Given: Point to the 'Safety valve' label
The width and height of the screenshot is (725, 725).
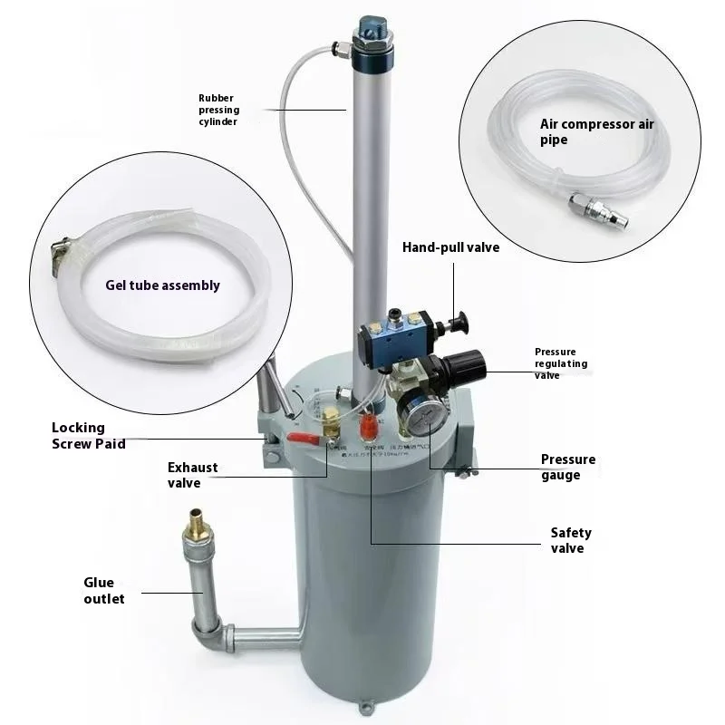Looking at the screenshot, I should (x=571, y=540).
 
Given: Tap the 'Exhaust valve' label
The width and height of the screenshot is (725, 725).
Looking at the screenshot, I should (x=192, y=475).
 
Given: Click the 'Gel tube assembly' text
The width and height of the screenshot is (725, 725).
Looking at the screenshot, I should (x=163, y=285).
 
